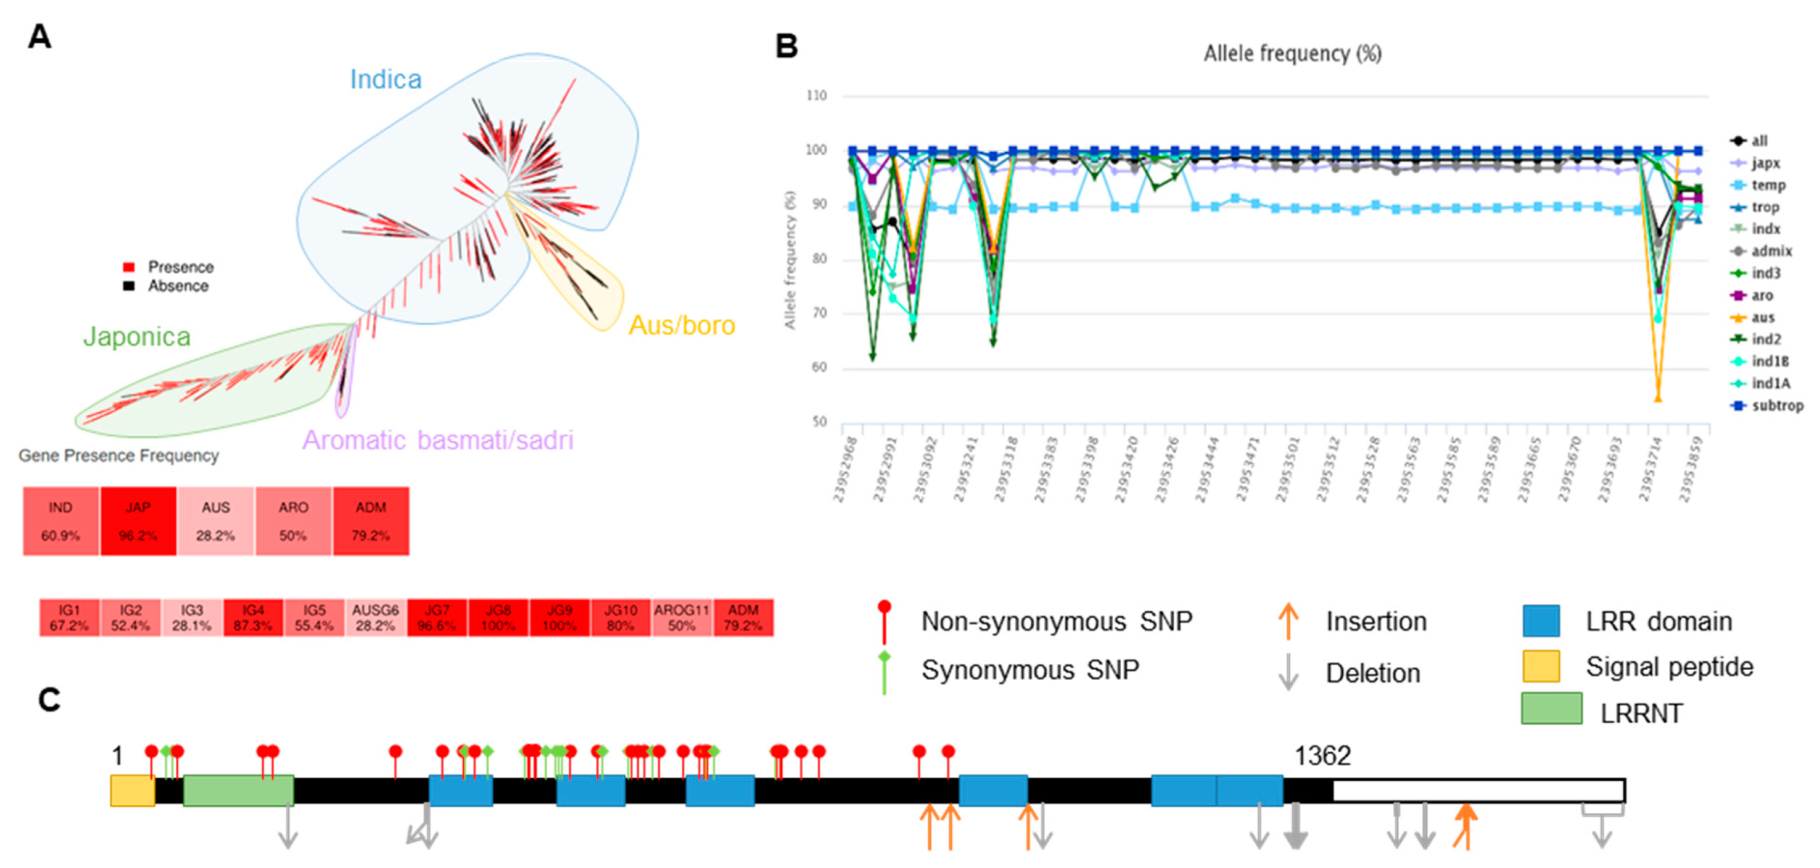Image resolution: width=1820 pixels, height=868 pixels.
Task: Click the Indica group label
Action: point(386,79)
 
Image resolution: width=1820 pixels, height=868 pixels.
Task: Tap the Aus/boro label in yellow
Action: point(682,325)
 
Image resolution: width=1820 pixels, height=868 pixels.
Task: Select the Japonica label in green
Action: point(136,337)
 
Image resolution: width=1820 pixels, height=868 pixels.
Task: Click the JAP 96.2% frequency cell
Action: point(137,521)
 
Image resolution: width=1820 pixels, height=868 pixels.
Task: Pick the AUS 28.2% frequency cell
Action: point(215,521)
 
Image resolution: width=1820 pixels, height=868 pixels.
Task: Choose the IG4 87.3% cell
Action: point(253,618)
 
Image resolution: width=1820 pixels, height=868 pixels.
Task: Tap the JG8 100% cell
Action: point(498,618)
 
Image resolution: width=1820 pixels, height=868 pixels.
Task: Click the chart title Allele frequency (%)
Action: point(1292,54)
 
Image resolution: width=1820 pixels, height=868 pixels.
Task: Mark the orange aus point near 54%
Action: point(1658,399)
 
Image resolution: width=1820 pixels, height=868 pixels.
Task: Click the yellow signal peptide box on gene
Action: point(133,790)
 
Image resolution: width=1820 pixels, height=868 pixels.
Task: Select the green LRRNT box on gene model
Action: point(238,790)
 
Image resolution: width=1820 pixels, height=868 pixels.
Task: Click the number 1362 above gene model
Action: point(1322,756)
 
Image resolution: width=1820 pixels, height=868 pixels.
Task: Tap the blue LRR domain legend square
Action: point(1541,621)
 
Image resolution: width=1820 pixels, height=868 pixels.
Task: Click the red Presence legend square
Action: point(128,267)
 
